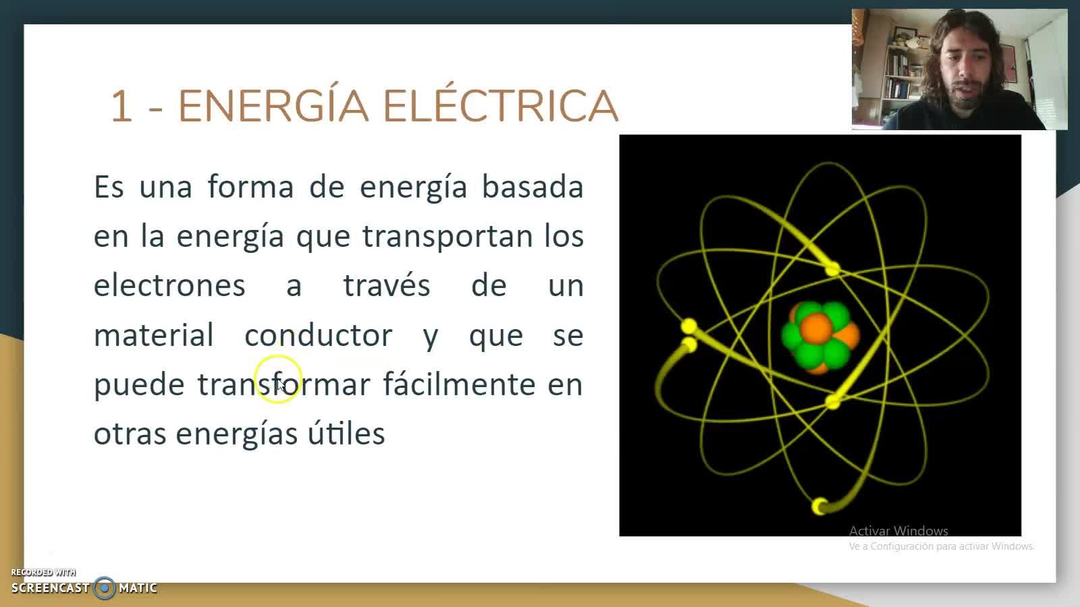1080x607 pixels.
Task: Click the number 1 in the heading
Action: point(121,106)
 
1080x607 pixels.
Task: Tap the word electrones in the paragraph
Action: point(169,285)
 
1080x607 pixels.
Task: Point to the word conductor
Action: point(318,335)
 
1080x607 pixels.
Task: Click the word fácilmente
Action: point(459,384)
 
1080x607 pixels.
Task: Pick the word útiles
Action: point(346,432)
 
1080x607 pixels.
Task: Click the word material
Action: point(153,335)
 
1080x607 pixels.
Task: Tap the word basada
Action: point(533,186)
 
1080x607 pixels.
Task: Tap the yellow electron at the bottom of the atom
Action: point(819,507)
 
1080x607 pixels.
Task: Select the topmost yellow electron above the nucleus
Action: point(833,269)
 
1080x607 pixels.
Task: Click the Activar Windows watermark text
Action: point(898,531)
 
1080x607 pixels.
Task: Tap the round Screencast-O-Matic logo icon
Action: point(104,587)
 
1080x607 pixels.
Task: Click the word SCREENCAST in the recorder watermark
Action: point(50,588)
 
